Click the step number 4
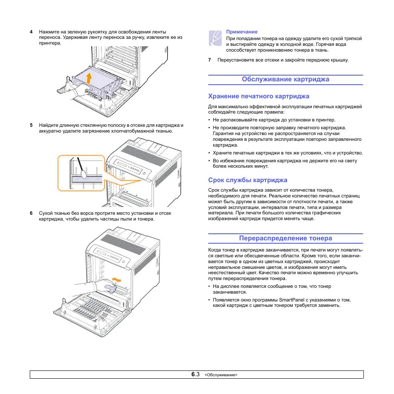[31, 32]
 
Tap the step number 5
[31, 125]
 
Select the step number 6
[31, 213]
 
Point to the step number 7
[209, 60]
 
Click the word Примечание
[242, 32]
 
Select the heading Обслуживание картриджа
[285, 79]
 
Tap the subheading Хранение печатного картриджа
[259, 96]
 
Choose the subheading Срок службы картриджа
[247, 180]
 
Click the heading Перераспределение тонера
[285, 238]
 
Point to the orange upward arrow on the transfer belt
[89, 78]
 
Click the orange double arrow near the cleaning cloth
[118, 280]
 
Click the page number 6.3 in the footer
[195, 375]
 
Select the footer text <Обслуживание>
[221, 375]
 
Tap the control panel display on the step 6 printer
[103, 253]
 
